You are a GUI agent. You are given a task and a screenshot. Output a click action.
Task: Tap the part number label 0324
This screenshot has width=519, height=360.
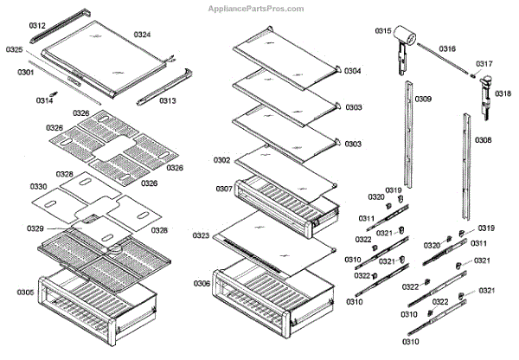(143, 35)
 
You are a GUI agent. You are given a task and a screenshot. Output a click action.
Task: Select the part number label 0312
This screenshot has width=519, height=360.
(37, 27)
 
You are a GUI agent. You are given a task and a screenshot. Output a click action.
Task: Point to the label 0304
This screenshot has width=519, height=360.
(353, 71)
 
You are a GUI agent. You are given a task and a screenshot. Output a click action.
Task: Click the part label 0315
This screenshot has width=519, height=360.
(383, 31)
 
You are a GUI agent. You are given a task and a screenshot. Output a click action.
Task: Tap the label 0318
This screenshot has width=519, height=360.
(503, 93)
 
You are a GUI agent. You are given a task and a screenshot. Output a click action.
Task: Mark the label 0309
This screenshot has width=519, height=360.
(423, 100)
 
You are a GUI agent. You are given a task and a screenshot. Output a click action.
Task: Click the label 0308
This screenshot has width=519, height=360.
(484, 140)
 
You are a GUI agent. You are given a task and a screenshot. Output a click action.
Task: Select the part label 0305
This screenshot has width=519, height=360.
(26, 292)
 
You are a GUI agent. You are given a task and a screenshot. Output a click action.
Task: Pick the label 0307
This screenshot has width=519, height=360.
(224, 189)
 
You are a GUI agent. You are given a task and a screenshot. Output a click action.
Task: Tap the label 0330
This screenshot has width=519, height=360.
(38, 187)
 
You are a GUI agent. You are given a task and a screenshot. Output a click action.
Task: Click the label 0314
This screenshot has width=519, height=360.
(44, 101)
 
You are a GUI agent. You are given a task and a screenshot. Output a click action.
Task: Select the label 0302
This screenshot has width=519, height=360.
(222, 161)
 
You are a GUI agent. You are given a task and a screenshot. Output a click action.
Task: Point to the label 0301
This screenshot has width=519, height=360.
(25, 72)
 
